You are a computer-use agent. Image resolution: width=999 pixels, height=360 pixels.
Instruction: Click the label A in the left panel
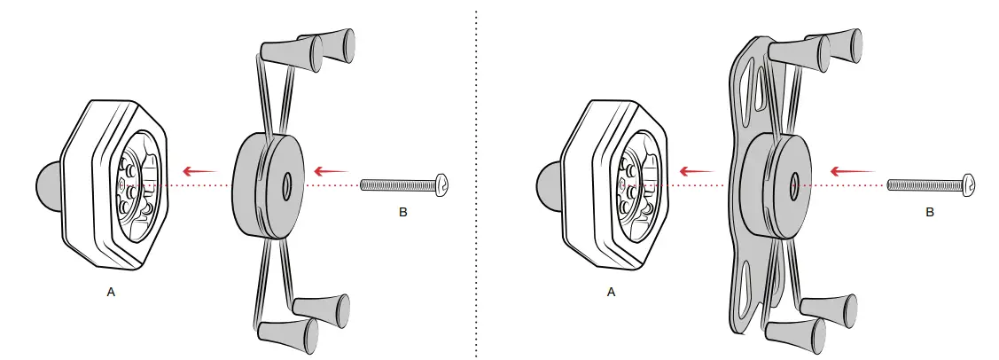point(111,292)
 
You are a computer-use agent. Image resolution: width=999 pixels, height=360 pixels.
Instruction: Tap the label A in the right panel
point(611,292)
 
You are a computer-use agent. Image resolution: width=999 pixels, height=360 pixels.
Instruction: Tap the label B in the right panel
point(930,213)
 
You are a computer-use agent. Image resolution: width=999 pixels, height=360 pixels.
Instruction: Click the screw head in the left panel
point(442,184)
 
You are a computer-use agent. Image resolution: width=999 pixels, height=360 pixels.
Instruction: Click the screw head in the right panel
point(969,184)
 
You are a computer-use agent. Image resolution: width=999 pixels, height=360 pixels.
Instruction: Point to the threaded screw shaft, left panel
point(397,184)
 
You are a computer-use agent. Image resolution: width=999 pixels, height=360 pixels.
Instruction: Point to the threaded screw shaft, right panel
point(924,184)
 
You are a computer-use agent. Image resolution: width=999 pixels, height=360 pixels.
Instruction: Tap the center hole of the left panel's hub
point(287,187)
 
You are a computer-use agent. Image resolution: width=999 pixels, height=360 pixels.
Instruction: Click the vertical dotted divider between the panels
point(476,177)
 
